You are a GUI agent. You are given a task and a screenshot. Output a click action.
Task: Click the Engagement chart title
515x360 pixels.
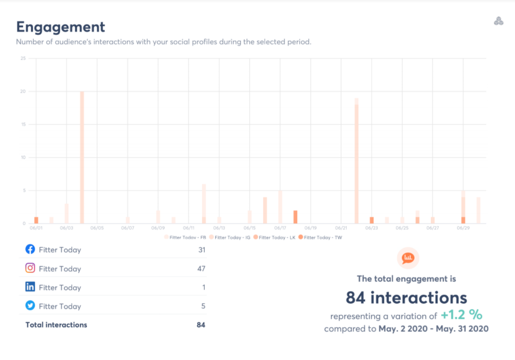[60, 27]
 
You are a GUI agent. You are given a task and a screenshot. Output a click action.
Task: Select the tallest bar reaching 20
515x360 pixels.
[82, 158]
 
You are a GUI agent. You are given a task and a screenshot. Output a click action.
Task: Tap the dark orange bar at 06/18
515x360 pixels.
[296, 217]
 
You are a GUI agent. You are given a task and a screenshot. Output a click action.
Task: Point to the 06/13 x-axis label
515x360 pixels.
[219, 228]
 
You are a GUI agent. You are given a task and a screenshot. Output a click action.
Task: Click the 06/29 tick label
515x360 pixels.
[463, 228]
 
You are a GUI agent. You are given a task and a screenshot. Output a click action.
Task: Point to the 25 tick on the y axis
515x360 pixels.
[23, 58]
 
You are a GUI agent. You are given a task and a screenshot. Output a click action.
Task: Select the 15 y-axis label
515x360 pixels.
[23, 125]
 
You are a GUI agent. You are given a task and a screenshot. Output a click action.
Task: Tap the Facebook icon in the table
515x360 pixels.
[31, 249]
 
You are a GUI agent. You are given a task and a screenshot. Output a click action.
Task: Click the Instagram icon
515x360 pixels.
[31, 268]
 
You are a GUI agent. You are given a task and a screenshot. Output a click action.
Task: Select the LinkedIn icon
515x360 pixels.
[31, 287]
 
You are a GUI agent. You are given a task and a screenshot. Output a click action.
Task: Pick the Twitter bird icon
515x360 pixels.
[31, 306]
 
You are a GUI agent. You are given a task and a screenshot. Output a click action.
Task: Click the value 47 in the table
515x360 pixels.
[201, 269]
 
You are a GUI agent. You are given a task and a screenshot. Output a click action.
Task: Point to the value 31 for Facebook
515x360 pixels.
[201, 250]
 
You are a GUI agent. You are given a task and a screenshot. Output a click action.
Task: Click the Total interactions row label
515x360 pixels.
[56, 325]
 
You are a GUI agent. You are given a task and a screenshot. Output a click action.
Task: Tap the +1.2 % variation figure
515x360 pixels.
[461, 315]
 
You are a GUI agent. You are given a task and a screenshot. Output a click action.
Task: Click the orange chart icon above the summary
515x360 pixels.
[408, 258]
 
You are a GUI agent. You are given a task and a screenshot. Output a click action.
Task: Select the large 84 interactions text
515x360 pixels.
[406, 298]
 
